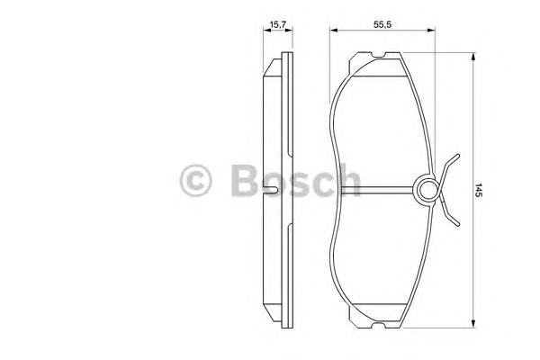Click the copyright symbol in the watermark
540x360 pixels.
[197, 180]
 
